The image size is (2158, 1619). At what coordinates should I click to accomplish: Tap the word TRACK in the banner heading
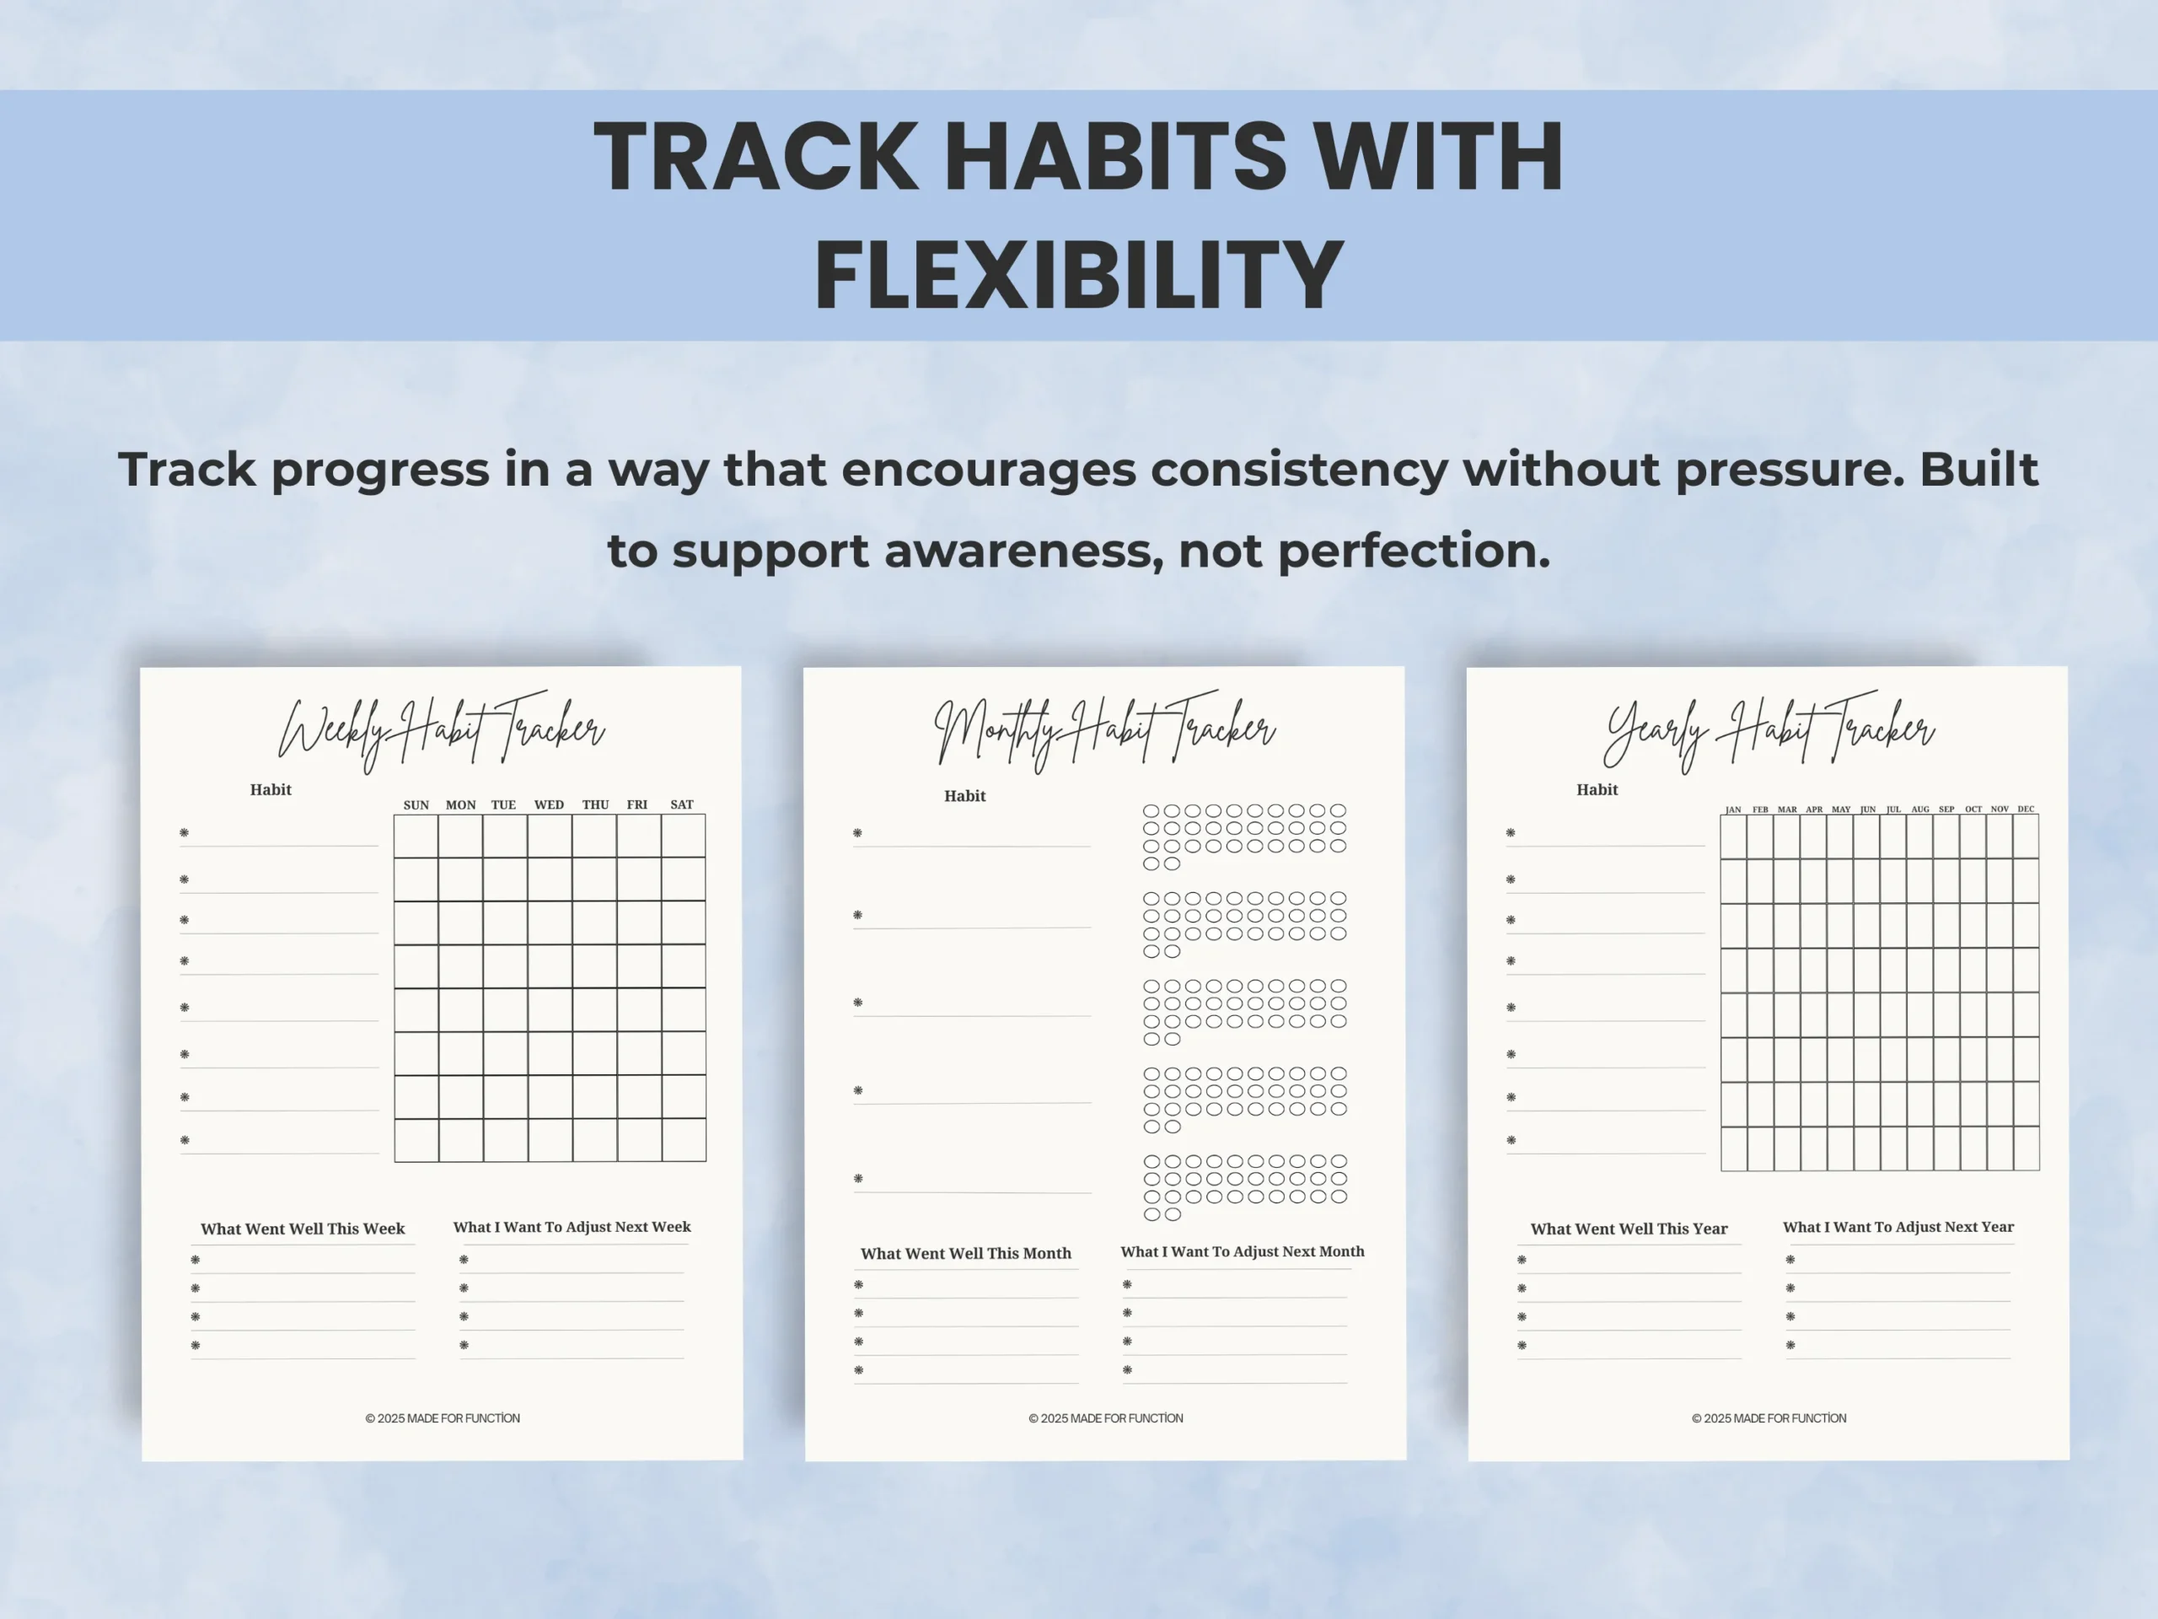click(756, 156)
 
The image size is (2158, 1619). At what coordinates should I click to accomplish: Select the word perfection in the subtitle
click(1414, 552)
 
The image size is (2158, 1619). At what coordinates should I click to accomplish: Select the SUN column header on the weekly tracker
click(416, 805)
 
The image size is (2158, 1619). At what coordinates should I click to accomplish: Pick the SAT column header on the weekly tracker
click(682, 805)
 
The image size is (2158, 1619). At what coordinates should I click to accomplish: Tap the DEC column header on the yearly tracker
click(2026, 809)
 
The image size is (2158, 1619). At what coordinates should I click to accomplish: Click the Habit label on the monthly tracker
click(965, 796)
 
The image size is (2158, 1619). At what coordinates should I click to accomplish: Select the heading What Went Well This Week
click(303, 1229)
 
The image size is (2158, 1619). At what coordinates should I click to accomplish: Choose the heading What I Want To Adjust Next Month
click(1242, 1252)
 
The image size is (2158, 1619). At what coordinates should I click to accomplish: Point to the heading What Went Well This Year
click(1629, 1229)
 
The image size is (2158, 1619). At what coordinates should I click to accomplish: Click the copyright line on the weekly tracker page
click(443, 1418)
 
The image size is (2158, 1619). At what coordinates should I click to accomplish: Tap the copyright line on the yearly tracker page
click(1769, 1418)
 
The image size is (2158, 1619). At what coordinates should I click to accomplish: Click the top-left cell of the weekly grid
click(416, 836)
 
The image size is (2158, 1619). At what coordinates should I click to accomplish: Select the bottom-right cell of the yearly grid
click(2026, 1148)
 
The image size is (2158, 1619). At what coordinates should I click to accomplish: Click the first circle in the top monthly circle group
click(1151, 811)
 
